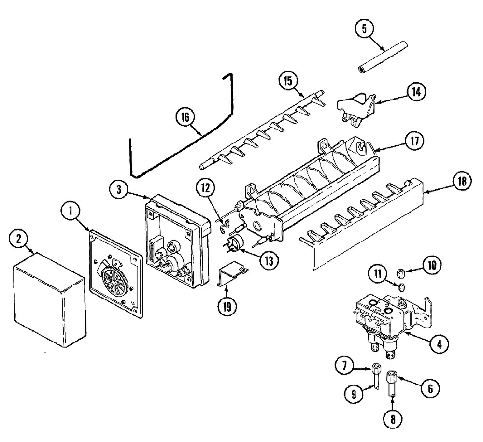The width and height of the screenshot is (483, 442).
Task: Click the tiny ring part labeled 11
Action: point(401,288)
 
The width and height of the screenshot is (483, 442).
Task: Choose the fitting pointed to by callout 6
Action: point(392,375)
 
